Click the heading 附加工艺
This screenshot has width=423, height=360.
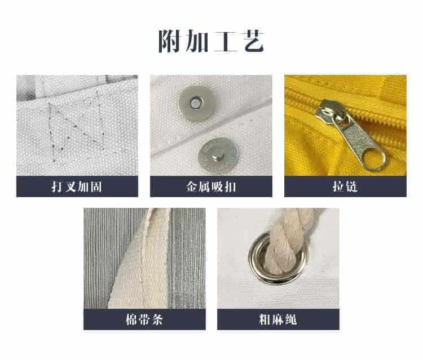click(x=211, y=41)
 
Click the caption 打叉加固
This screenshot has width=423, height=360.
click(x=77, y=186)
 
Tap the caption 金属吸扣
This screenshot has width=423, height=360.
click(x=211, y=186)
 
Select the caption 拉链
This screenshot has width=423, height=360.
click(x=345, y=186)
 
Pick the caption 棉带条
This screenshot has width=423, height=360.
click(x=144, y=319)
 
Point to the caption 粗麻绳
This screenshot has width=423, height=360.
click(x=278, y=319)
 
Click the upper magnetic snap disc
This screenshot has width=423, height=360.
click(x=197, y=103)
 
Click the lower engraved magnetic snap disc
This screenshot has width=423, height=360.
click(x=218, y=156)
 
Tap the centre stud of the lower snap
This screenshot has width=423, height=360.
click(x=217, y=154)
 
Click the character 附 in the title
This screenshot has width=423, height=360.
click(x=169, y=41)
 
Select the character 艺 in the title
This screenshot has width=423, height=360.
click(x=254, y=41)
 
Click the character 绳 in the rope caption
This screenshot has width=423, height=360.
click(x=291, y=319)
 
